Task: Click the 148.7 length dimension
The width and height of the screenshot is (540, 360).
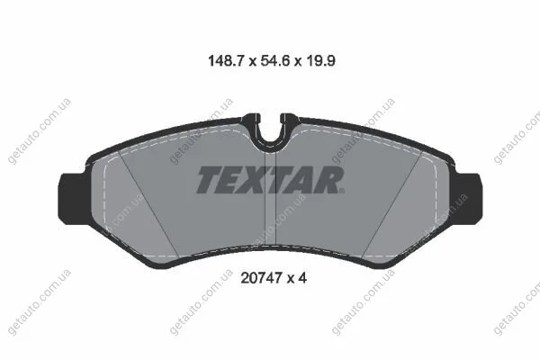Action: click(x=226, y=61)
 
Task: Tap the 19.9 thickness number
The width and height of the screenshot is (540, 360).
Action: click(x=320, y=61)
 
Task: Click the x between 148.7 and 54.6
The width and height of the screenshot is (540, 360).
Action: click(x=252, y=62)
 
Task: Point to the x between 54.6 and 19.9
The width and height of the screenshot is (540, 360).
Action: click(x=298, y=62)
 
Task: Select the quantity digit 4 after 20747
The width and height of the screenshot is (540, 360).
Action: click(x=302, y=278)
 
